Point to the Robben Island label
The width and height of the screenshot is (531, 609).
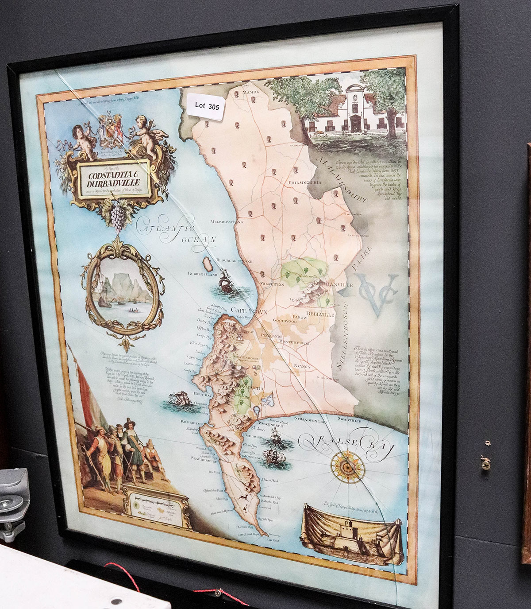(202, 274)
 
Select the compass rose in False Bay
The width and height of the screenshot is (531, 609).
(347, 466)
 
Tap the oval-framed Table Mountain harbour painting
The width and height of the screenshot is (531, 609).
(123, 288)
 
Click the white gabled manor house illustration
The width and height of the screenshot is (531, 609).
(354, 111)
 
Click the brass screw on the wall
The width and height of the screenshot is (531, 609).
(485, 463)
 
